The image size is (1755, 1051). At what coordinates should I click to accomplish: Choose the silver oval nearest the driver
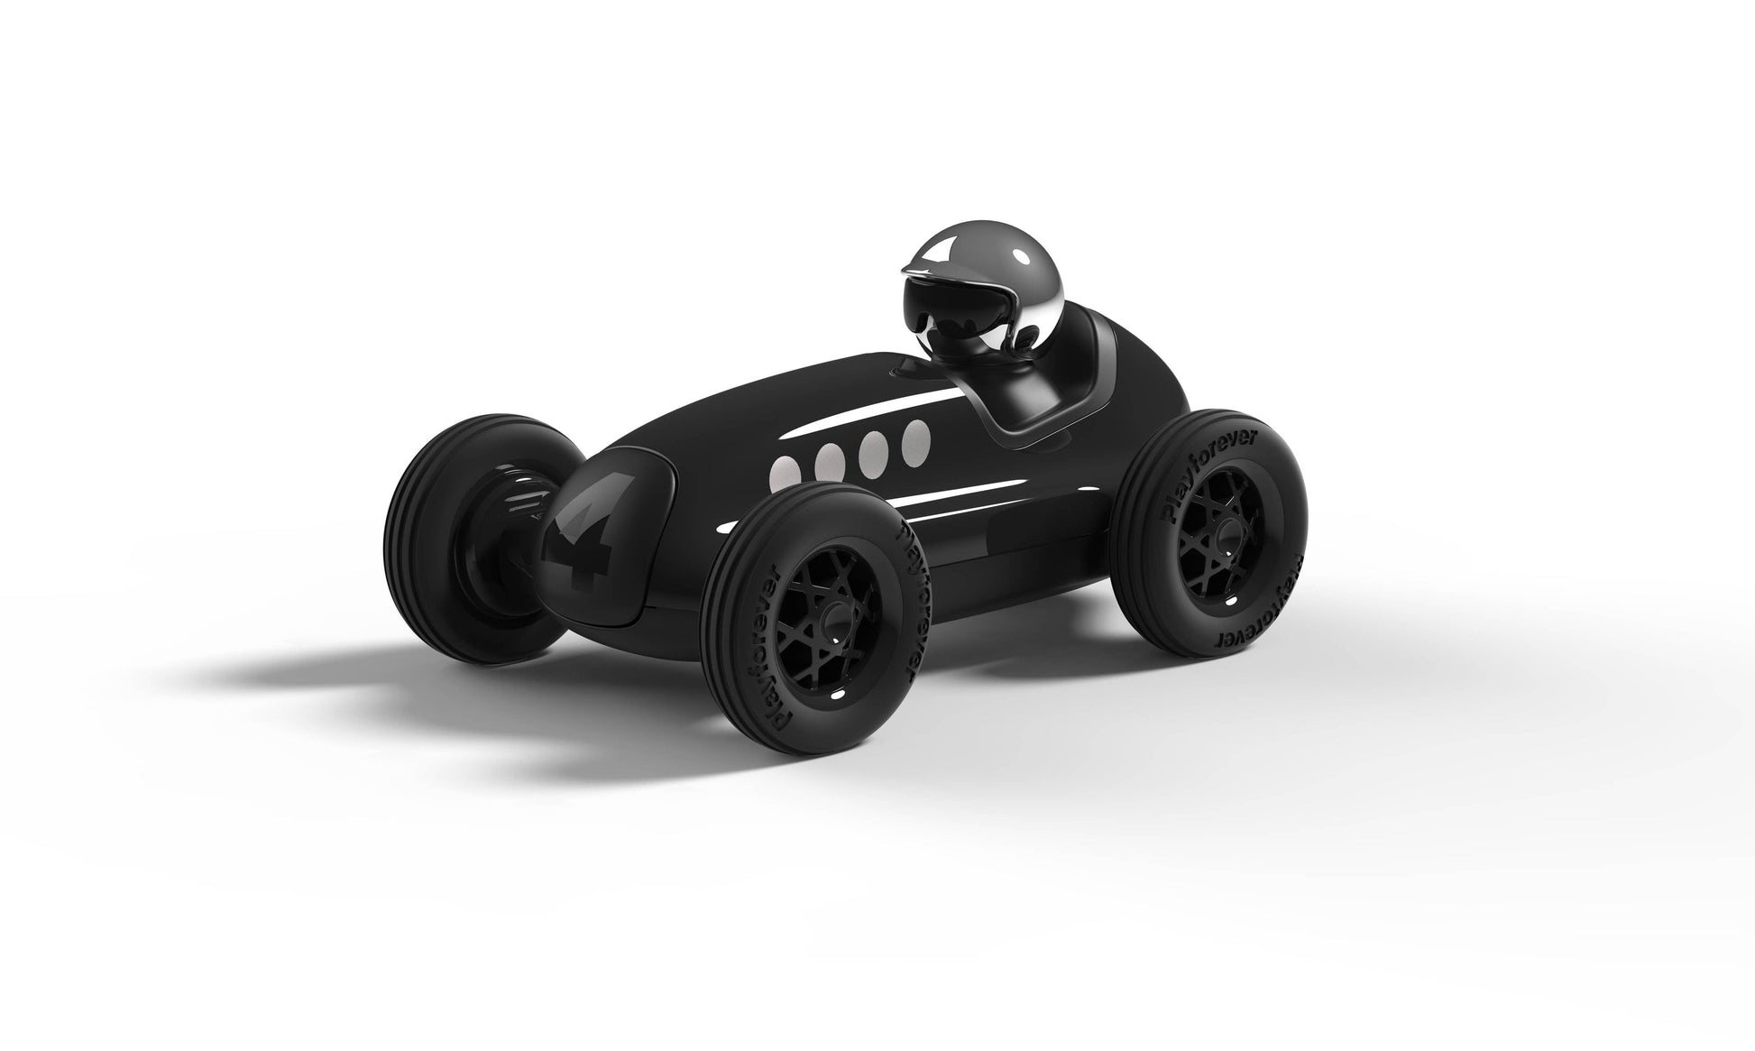click(916, 438)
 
